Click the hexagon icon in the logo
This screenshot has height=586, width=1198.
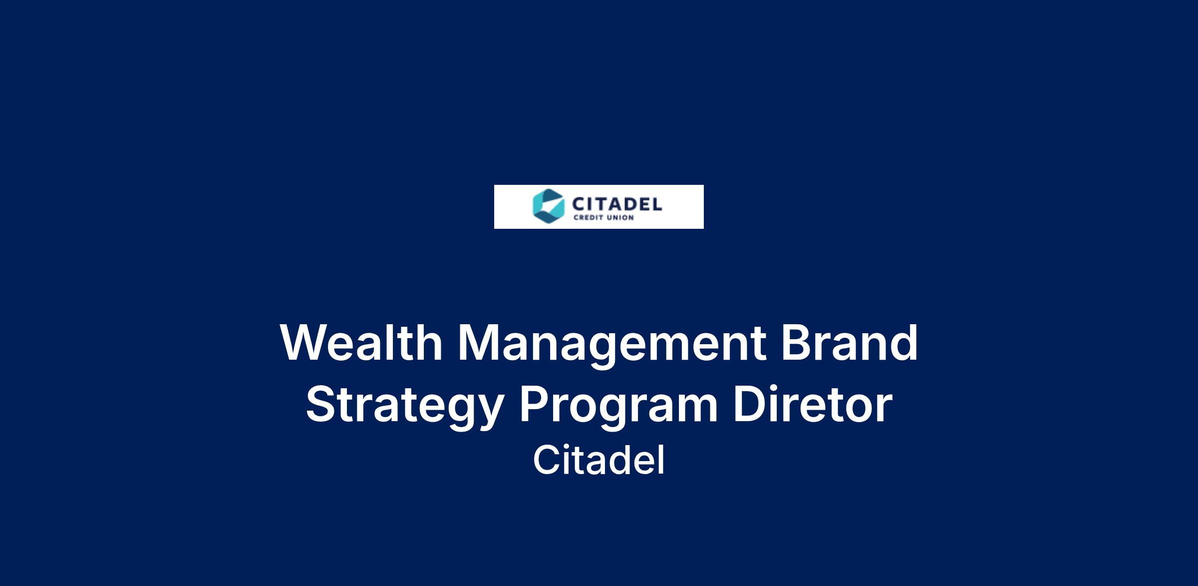coord(549,206)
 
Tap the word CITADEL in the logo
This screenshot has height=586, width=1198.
coord(617,204)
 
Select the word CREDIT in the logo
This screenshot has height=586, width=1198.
coord(587,218)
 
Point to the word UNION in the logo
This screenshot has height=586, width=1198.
coord(619,218)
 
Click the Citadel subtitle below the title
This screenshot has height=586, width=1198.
coord(599,460)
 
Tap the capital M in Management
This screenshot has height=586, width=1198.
coord(478,343)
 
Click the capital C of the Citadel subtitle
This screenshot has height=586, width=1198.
coord(547,460)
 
